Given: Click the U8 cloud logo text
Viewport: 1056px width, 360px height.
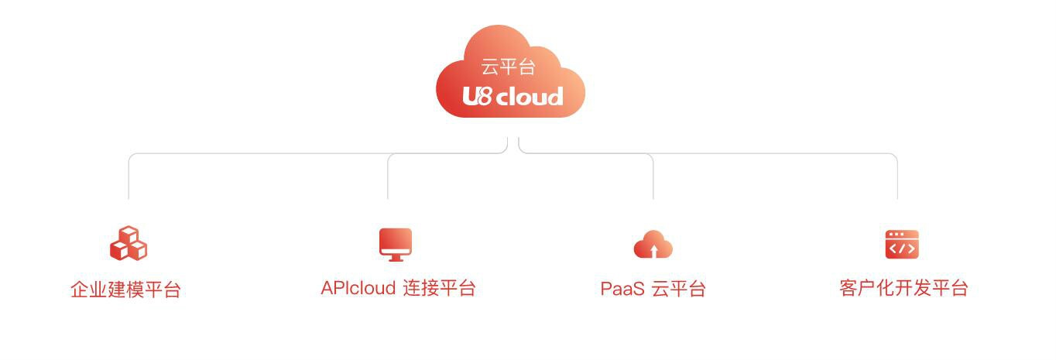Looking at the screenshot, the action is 513,97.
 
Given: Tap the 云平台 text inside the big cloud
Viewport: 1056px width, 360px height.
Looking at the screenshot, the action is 508,67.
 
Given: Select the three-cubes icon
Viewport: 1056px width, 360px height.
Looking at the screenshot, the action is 129,243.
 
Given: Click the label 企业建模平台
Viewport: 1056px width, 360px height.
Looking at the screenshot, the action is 126,290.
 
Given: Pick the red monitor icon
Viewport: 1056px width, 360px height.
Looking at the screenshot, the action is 396,245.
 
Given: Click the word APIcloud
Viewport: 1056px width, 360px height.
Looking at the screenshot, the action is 358,288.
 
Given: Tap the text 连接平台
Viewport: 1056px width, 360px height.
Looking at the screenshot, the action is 440,288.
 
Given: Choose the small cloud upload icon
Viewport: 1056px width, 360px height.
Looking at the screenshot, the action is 653,244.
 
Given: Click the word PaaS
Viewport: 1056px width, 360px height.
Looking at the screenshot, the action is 622,289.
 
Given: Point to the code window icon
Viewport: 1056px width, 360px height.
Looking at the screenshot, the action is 902,244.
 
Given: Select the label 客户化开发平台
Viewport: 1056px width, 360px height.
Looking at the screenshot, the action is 903,288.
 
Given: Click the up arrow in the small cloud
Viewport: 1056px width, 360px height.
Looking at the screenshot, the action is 653,250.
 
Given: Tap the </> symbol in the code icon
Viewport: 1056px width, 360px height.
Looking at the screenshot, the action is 902,249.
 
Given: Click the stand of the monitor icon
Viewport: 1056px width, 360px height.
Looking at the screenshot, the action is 396,258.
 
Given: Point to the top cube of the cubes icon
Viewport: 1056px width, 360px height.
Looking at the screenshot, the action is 129,234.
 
